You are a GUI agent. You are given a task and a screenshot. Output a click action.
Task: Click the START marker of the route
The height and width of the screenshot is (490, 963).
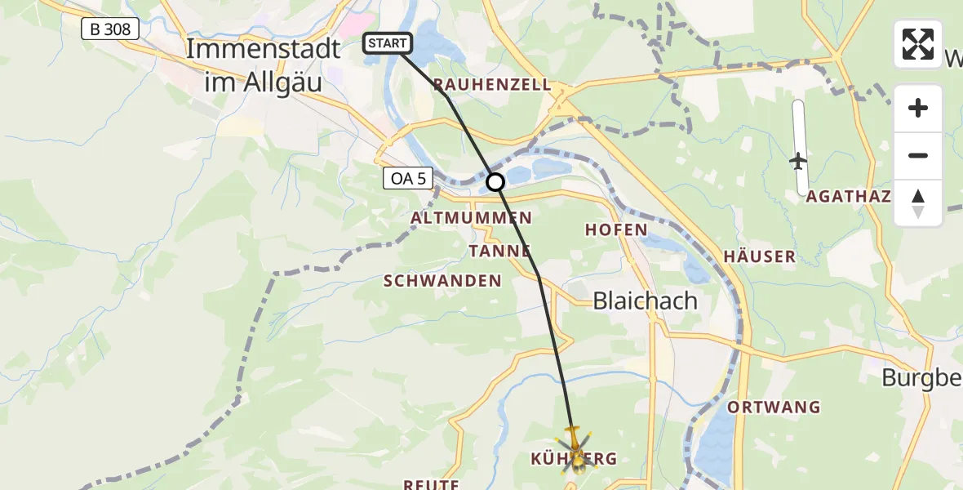(x=388, y=43)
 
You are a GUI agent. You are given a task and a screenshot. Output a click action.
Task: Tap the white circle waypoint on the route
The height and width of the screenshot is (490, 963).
(x=495, y=182)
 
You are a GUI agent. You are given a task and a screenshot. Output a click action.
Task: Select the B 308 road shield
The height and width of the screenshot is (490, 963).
(x=110, y=29)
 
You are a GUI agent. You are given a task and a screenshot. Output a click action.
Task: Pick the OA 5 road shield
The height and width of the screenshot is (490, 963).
(x=408, y=179)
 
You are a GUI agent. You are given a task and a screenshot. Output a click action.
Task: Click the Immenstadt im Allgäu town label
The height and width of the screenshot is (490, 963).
(x=263, y=64)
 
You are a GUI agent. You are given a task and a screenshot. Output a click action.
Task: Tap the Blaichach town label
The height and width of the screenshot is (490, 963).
(x=645, y=301)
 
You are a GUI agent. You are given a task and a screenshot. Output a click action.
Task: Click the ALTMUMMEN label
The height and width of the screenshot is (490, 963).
(x=471, y=218)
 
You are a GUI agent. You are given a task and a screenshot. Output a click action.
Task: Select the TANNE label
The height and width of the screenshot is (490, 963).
(x=500, y=250)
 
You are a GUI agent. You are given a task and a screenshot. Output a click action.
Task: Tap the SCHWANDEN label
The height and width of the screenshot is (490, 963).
(x=442, y=281)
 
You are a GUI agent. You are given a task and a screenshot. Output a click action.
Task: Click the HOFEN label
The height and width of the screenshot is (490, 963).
(x=616, y=230)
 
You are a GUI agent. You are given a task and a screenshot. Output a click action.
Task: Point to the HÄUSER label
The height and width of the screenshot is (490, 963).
(x=759, y=256)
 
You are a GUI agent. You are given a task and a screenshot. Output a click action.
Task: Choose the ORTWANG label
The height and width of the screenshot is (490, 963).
(x=774, y=407)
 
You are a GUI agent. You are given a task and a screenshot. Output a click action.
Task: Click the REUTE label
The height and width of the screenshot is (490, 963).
(x=430, y=484)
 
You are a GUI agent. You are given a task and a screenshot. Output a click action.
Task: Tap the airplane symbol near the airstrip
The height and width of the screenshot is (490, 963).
(x=798, y=161)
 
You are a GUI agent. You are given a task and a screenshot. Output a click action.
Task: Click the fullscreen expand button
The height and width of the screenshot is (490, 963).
(x=918, y=44)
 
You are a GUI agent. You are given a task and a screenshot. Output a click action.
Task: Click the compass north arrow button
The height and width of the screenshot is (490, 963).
(x=918, y=203)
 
